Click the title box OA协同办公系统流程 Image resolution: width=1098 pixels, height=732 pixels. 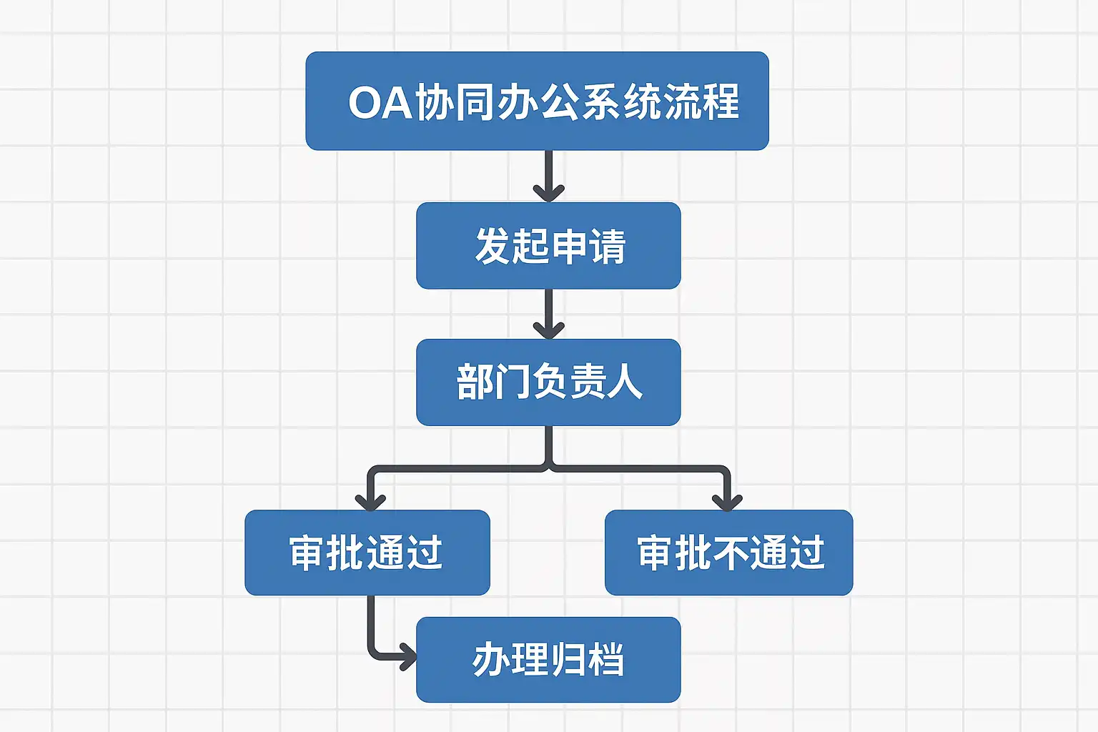pyautogui.click(x=537, y=101)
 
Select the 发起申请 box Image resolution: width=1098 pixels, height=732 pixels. pyautogui.click(x=548, y=245)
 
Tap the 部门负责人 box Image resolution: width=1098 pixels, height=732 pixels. pyautogui.click(x=548, y=382)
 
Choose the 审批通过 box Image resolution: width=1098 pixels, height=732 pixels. pyautogui.click(x=367, y=553)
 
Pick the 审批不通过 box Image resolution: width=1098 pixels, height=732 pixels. pyautogui.click(x=728, y=553)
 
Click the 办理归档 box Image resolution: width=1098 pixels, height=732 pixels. pyautogui.click(x=548, y=659)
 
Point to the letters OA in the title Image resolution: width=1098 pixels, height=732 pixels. pyautogui.click(x=380, y=102)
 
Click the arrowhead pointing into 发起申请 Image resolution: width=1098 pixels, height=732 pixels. pyautogui.click(x=548, y=193)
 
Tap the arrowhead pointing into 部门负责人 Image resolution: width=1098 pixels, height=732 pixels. pyautogui.click(x=548, y=330)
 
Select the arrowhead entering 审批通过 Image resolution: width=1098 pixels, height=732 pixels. pyautogui.click(x=370, y=501)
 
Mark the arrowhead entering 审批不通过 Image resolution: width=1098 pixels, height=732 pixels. pyautogui.click(x=727, y=501)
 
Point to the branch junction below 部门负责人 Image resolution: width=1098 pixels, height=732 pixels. pyautogui.click(x=548, y=468)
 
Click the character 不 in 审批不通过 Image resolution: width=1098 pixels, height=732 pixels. pyautogui.click(x=731, y=553)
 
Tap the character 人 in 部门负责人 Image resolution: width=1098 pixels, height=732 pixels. pyautogui.click(x=625, y=382)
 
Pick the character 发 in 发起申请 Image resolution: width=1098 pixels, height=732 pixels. pyautogui.click(x=493, y=246)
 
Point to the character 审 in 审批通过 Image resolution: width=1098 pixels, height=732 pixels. pyautogui.click(x=307, y=553)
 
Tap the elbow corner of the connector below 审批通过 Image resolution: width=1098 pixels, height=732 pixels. pyautogui.click(x=372, y=653)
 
